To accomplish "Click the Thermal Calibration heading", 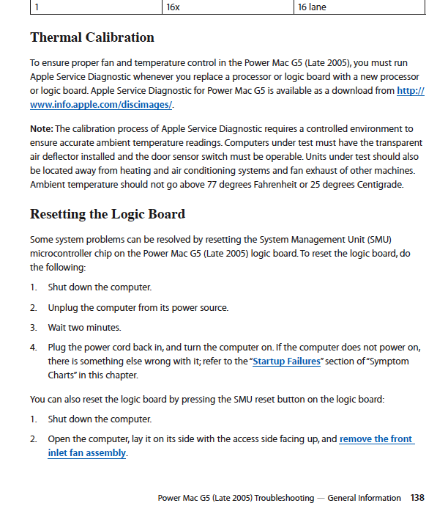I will pyautogui.click(x=92, y=37).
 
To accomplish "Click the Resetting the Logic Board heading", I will pyautogui.click(x=108, y=214).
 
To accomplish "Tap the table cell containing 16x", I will pyautogui.click(x=173, y=7).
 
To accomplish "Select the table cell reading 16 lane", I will pyautogui.click(x=312, y=7).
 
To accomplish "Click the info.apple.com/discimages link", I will pyautogui.click(x=101, y=104).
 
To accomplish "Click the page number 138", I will pyautogui.click(x=417, y=498).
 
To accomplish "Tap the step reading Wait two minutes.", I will pyautogui.click(x=84, y=327).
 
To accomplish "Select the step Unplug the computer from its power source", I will pyautogui.click(x=138, y=307).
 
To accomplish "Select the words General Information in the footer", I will pyautogui.click(x=364, y=498).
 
